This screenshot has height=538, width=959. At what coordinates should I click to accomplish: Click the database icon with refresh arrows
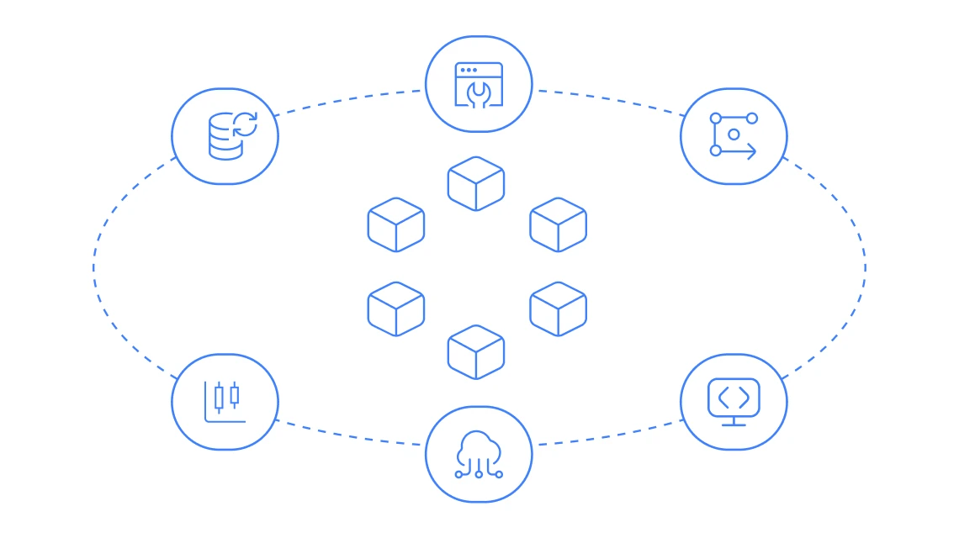225,136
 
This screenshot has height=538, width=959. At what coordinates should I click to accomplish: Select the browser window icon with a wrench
479,84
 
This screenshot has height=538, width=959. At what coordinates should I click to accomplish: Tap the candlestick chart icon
225,402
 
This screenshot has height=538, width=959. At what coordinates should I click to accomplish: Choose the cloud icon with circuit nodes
479,454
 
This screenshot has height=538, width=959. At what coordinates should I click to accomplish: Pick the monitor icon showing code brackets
734,402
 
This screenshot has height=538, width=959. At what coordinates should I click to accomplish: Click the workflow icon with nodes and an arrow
734,136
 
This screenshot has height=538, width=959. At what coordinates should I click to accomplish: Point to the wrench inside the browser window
479,93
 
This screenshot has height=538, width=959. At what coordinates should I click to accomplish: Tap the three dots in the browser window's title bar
469,70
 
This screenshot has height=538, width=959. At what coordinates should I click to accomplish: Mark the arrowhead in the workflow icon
751,151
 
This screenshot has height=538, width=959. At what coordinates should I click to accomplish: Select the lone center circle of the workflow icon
734,134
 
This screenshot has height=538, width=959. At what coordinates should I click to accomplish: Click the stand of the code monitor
734,420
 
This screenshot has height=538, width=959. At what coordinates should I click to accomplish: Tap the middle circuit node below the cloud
479,474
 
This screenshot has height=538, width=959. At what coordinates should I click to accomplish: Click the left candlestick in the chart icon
219,397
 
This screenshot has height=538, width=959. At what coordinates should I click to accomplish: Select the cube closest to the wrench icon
476,182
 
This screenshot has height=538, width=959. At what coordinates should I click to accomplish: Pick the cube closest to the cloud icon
476,351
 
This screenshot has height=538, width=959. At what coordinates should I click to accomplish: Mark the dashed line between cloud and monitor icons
610,435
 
